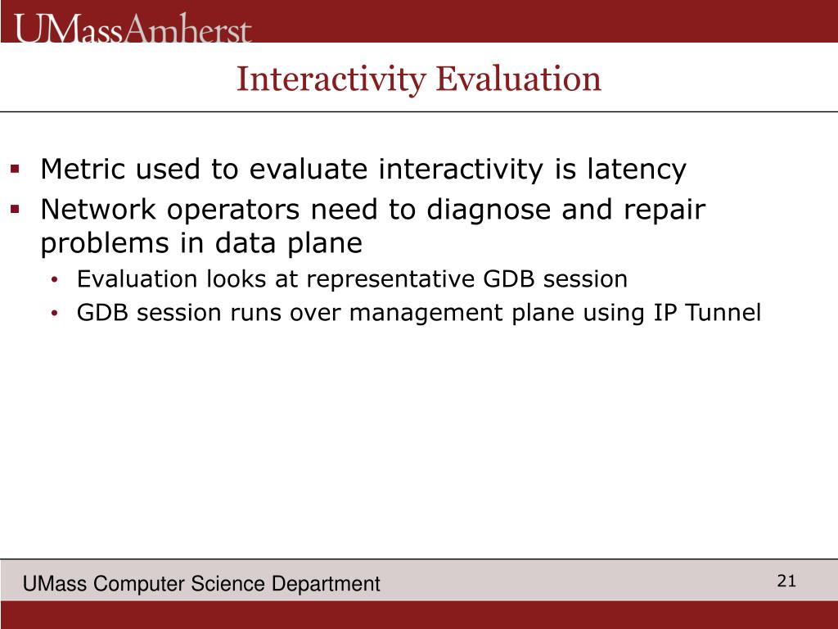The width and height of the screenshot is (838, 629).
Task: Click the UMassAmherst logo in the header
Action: click(x=133, y=28)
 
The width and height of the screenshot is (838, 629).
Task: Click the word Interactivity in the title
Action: click(x=331, y=79)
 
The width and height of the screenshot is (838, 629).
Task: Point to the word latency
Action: click(x=637, y=170)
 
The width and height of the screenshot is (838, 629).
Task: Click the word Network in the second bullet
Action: click(x=98, y=209)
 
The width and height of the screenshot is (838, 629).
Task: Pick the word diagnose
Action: click(x=489, y=210)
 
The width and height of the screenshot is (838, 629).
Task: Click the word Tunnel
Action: click(x=723, y=312)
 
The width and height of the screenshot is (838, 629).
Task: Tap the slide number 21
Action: click(x=786, y=581)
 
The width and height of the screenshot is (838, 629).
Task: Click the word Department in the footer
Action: click(x=326, y=584)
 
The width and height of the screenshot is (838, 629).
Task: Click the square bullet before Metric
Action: click(x=15, y=170)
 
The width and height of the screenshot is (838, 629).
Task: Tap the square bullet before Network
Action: click(x=15, y=209)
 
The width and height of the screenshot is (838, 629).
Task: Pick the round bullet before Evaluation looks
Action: click(x=54, y=280)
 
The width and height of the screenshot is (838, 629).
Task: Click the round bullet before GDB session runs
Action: click(x=54, y=314)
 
